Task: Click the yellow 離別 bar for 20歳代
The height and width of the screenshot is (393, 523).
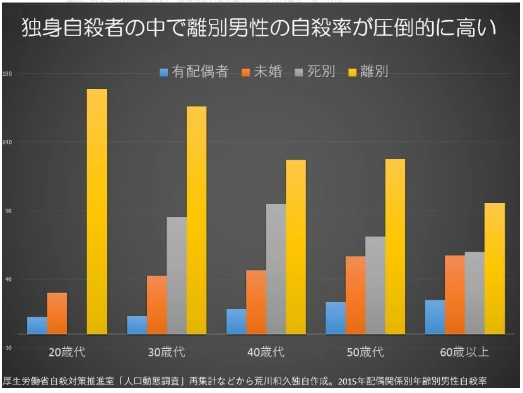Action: click(97, 211)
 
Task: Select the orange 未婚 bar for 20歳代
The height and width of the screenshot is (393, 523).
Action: click(57, 313)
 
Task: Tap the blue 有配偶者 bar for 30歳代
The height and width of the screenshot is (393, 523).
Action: click(137, 325)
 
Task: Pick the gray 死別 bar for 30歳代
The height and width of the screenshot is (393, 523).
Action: click(177, 275)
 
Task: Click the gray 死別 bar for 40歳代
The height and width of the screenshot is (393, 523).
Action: click(276, 268)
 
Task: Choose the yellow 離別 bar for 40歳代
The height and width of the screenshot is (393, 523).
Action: click(296, 247)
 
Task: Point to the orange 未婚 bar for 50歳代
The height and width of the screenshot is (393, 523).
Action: click(355, 295)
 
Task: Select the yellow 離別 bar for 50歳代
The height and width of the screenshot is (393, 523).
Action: click(395, 246)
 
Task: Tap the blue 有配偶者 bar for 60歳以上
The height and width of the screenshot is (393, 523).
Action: click(435, 317)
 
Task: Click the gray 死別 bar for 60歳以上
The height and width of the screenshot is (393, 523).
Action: click(474, 293)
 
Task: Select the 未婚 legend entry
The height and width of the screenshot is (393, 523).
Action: click(262, 72)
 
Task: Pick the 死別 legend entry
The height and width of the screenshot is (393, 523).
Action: click(315, 72)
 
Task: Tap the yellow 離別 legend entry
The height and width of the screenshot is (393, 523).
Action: click(368, 72)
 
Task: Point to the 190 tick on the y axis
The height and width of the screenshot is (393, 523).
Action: click(8, 73)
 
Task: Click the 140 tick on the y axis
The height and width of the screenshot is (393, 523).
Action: click(8, 142)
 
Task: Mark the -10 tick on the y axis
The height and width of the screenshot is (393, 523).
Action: click(8, 348)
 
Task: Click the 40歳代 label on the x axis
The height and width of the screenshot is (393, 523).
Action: click(266, 352)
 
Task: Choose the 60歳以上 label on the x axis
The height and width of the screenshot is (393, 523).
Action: click(464, 352)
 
